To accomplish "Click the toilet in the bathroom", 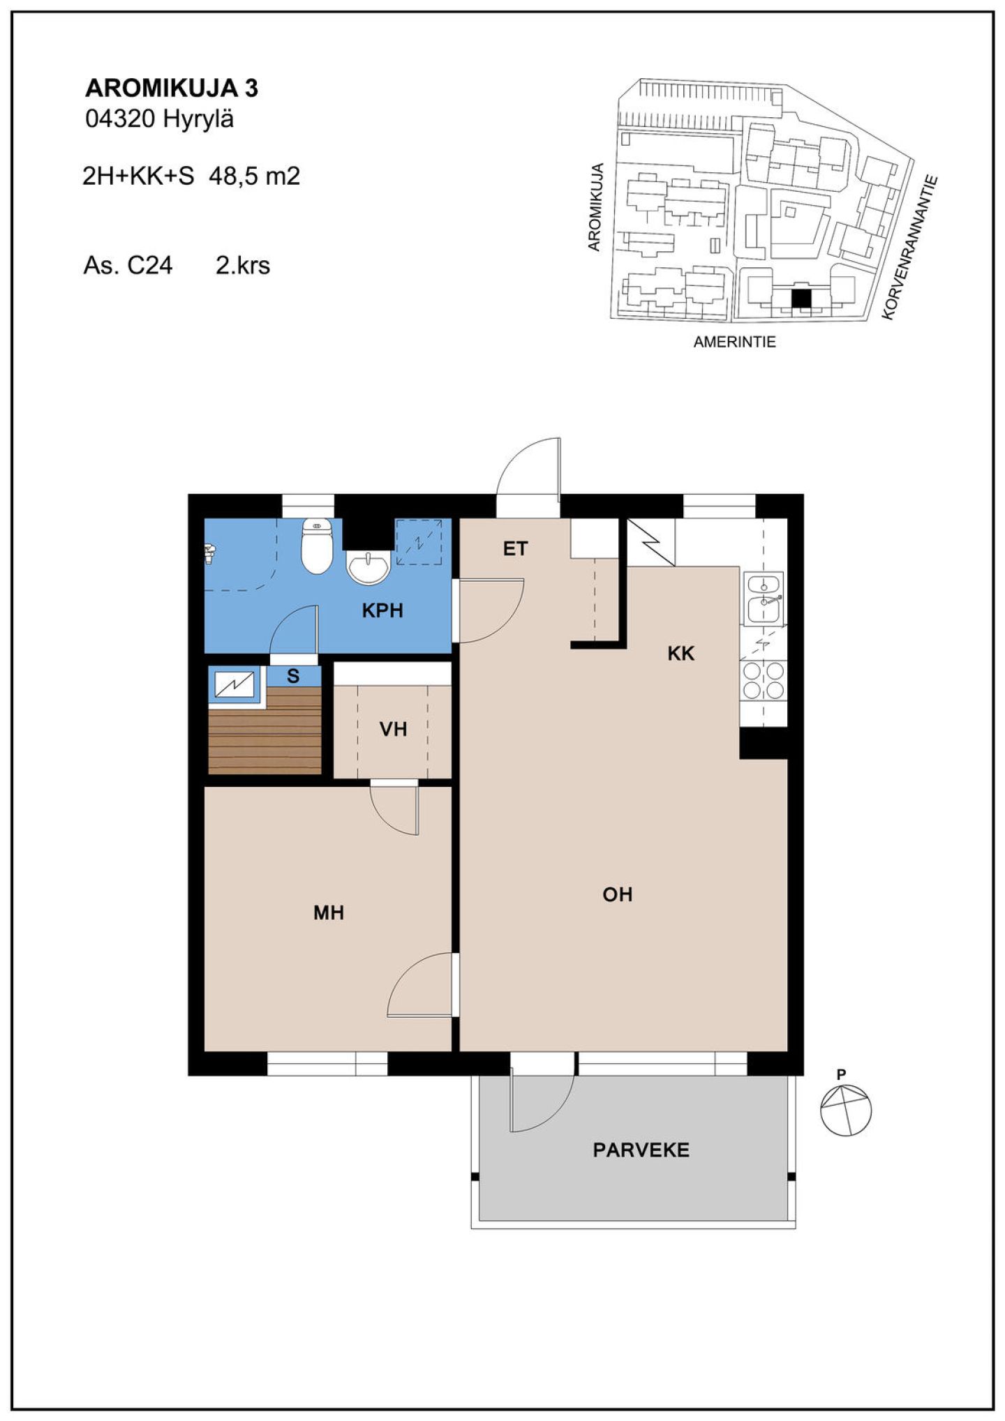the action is (x=317, y=546).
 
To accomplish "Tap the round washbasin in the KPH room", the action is (x=368, y=566).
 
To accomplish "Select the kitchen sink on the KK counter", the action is (x=764, y=599).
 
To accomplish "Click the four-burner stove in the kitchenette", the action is (x=764, y=680).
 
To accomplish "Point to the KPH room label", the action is (x=382, y=611).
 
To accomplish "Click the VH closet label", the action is (x=393, y=730).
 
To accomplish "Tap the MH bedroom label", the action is (x=329, y=912).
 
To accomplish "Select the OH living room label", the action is (x=618, y=894).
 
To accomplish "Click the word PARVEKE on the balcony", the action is (x=641, y=1150).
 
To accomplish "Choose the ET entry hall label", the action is (x=516, y=549).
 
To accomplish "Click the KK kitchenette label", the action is (x=681, y=654).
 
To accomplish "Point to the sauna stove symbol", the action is (x=235, y=684).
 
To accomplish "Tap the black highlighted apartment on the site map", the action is (x=801, y=299).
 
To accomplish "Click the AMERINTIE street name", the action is (x=734, y=343).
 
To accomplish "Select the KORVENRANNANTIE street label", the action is (x=910, y=248).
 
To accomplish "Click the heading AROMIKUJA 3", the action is (x=172, y=89).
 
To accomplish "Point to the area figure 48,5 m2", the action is (x=255, y=176).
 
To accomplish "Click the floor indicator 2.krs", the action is (x=243, y=266).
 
